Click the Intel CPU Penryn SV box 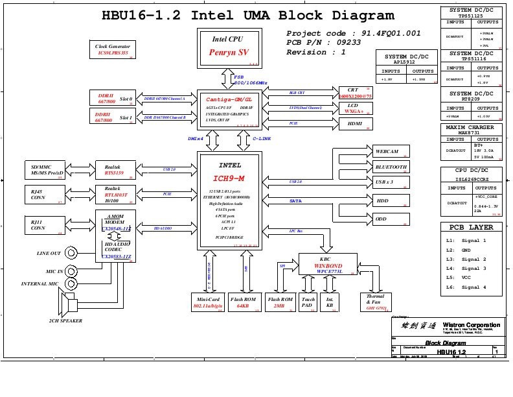(228, 47)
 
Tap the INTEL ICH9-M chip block (230, 201)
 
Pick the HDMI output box (355, 123)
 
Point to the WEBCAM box (391, 151)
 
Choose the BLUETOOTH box (391, 167)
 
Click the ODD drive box (391, 219)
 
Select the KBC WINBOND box (328, 265)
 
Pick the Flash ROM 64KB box (244, 302)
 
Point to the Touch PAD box (308, 302)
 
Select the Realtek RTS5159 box (113, 169)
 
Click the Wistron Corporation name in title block (471, 325)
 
